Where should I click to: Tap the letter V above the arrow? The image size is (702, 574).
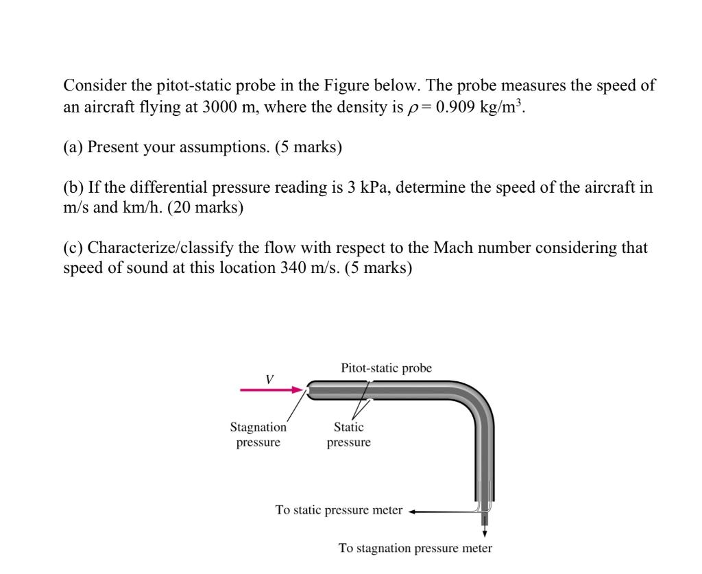click(269, 378)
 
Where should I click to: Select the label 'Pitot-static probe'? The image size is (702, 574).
click(386, 368)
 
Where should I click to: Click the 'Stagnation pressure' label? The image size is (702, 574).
click(258, 435)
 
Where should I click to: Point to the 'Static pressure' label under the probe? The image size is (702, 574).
click(348, 435)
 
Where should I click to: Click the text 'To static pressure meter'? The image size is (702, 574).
click(339, 510)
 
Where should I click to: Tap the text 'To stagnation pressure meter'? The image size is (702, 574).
click(415, 549)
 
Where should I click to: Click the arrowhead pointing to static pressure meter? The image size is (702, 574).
click(413, 511)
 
